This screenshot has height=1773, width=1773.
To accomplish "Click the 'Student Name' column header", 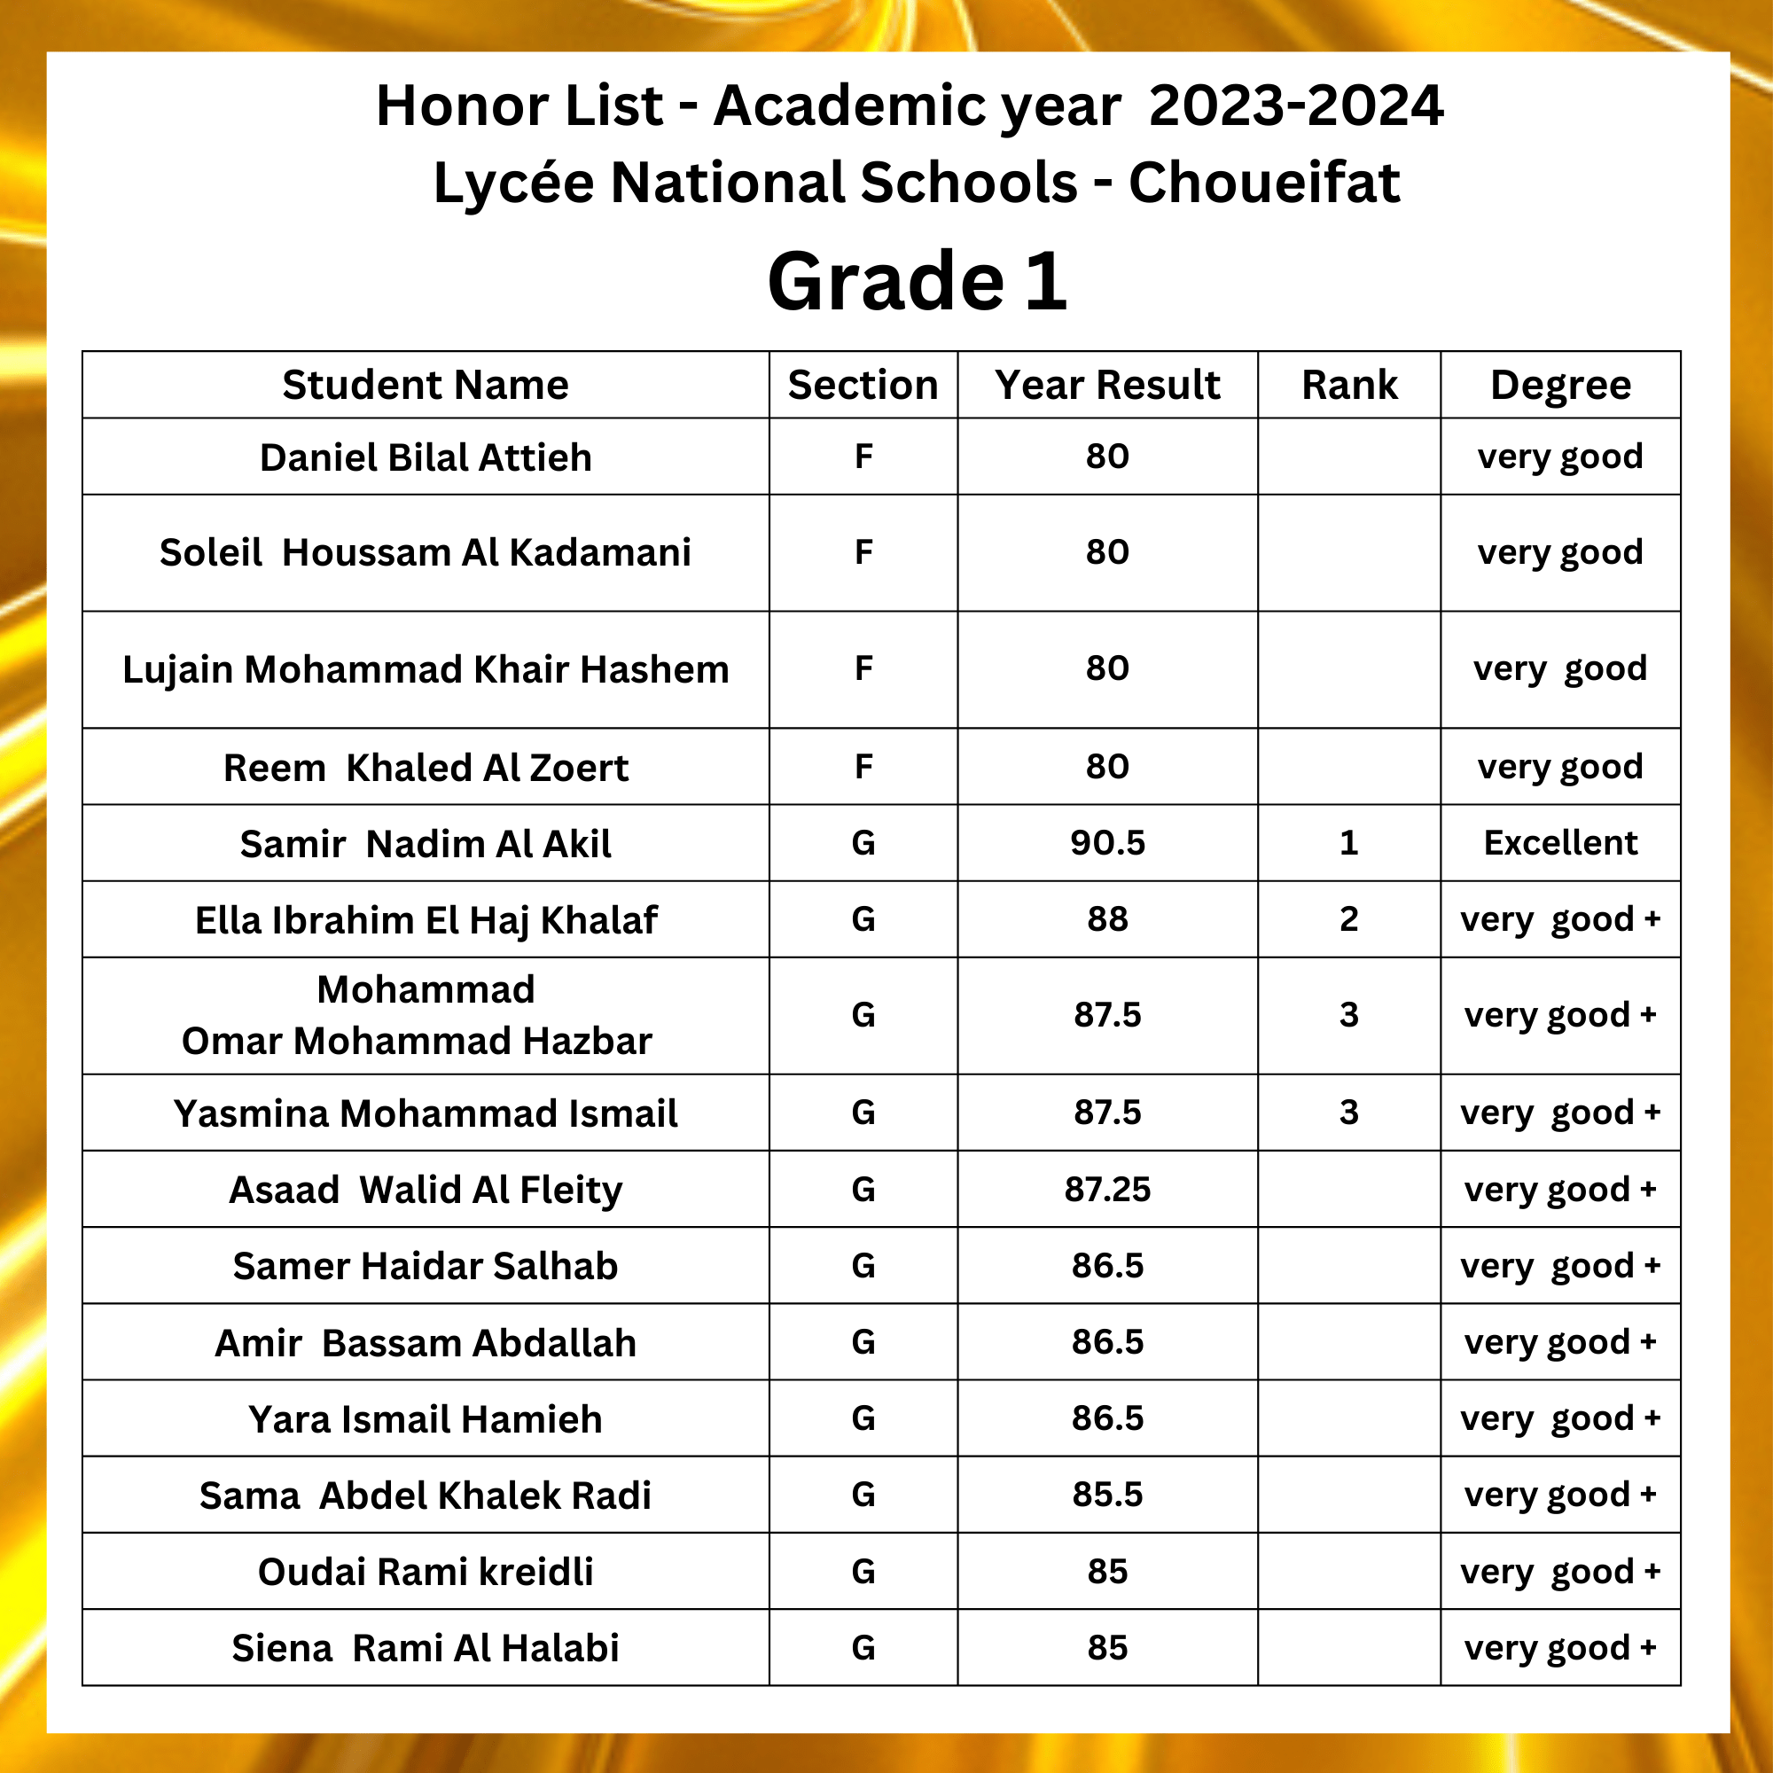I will point(425,385).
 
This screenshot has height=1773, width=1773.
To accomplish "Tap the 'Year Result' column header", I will point(1106,385).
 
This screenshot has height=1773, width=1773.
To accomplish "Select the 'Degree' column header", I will point(1560,385).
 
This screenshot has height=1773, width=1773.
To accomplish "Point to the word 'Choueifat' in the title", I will point(1263,182).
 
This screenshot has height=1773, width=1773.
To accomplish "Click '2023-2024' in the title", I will point(1296,105).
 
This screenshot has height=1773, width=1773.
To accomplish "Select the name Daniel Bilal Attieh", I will point(425,457).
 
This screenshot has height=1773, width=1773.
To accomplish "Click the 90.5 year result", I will point(1106,842).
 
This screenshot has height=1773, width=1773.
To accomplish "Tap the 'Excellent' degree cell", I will point(1560,842).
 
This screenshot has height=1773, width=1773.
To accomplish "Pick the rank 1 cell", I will point(1348,842).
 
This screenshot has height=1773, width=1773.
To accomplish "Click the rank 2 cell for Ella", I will point(1348,918).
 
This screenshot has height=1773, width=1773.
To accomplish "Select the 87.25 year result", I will point(1106,1190).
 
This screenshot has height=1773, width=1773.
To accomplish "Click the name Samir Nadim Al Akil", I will point(425,843).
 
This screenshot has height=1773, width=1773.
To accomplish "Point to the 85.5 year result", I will point(1106,1494).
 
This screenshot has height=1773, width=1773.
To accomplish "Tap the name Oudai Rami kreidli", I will point(425,1571).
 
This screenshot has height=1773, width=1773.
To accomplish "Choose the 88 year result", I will point(1106,918).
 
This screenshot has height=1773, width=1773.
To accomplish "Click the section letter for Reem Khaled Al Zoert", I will point(863,766).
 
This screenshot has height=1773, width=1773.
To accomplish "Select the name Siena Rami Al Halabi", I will point(425,1647).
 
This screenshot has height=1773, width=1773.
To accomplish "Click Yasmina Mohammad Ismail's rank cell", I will point(1348,1113).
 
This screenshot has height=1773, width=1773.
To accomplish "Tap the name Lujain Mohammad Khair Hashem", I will point(425,669).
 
